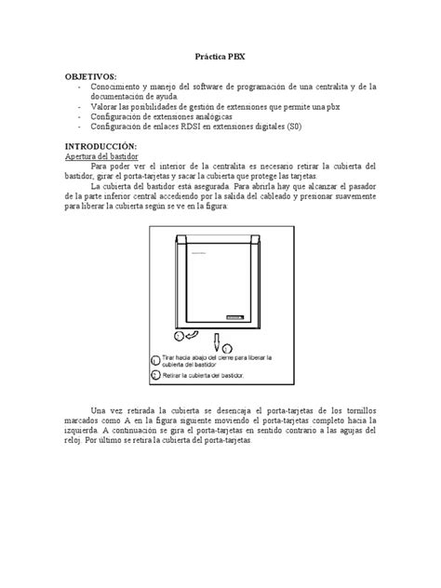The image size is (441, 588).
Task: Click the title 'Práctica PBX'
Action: (x=220, y=56)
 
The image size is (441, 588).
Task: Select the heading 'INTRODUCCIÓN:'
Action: (x=100, y=147)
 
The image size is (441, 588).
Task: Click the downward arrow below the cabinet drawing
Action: (x=215, y=342)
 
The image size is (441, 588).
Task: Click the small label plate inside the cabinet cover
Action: (x=234, y=316)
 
